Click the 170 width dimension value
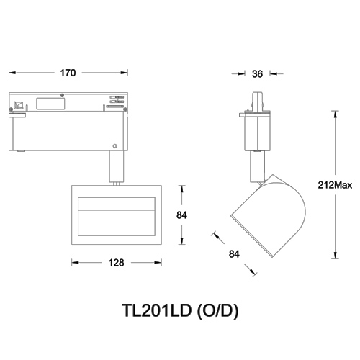69,73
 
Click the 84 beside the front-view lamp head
183,214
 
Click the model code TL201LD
157,311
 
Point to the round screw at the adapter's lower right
114,145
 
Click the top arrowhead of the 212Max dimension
335,113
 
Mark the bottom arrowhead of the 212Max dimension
335,256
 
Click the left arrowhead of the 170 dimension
11,73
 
